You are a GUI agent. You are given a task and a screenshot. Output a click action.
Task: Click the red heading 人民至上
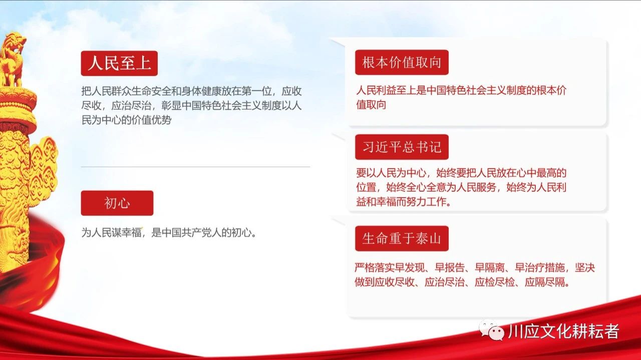pos(119,63)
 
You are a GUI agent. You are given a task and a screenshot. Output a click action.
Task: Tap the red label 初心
pos(117,203)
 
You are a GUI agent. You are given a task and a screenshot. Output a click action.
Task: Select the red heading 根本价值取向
pos(402,63)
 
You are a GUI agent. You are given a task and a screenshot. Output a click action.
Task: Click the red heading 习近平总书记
pos(402,147)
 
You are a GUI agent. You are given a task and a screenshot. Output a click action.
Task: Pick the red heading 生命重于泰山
pos(402,238)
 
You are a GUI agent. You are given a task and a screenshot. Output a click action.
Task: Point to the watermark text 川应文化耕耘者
pos(564,331)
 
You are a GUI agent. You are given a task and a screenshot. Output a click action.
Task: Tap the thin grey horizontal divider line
pos(195,167)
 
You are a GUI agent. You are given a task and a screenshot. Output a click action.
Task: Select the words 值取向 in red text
pos(371,105)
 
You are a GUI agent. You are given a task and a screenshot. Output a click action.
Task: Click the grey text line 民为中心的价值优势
pos(127,120)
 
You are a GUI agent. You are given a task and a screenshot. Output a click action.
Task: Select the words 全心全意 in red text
pos(426,187)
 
